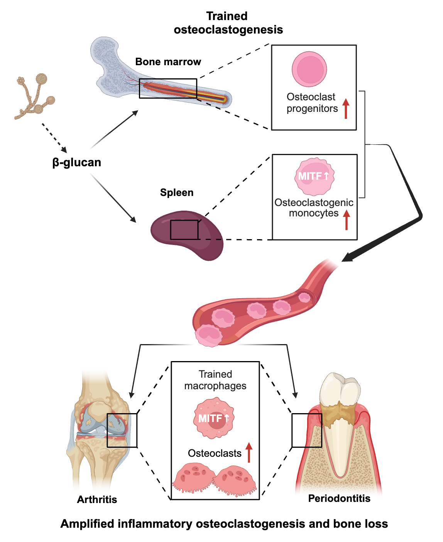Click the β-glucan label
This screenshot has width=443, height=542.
[x=76, y=162]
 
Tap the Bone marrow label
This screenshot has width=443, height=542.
[x=168, y=62]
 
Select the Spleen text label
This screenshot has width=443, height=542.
[x=177, y=192]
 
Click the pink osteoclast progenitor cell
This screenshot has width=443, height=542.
[x=309, y=69]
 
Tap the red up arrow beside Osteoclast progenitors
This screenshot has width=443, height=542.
[x=346, y=108]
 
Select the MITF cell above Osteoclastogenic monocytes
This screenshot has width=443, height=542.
[x=314, y=176]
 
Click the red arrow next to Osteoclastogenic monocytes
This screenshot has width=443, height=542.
[x=347, y=220]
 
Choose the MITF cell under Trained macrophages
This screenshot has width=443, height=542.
[x=213, y=419]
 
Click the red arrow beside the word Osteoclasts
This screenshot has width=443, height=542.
[x=249, y=453]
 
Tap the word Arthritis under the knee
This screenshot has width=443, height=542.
[x=97, y=500]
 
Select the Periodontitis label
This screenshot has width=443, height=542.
[x=339, y=498]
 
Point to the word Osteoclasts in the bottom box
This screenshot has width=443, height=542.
[x=215, y=453]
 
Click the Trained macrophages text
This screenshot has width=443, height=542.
[x=215, y=380]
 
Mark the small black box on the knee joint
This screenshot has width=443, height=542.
[x=122, y=430]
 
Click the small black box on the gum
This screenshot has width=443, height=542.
[x=307, y=430]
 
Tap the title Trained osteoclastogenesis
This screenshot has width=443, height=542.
[x=228, y=23]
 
